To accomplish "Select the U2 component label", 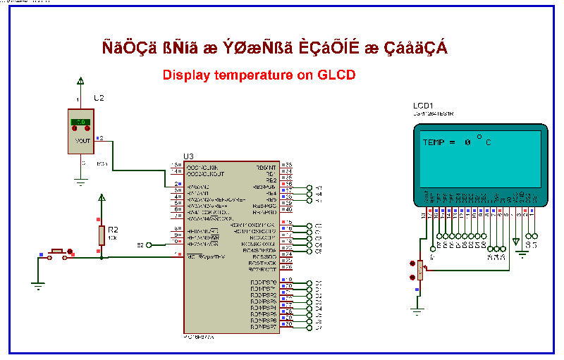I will point(99,98).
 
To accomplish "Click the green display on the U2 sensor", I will point(80,123).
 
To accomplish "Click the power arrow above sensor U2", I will point(81,81).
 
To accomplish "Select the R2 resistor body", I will point(102,234).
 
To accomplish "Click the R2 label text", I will point(113,230).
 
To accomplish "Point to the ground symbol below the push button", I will point(37,285).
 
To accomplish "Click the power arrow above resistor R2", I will point(102,199).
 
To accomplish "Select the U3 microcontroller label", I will point(188,156).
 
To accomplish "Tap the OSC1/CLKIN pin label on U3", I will point(205,167).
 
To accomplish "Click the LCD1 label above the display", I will point(423,105).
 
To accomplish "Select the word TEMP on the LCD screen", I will point(434,142).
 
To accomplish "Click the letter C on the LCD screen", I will point(488,142).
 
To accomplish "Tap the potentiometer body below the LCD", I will point(420,268).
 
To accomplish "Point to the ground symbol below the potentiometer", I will point(418,308).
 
